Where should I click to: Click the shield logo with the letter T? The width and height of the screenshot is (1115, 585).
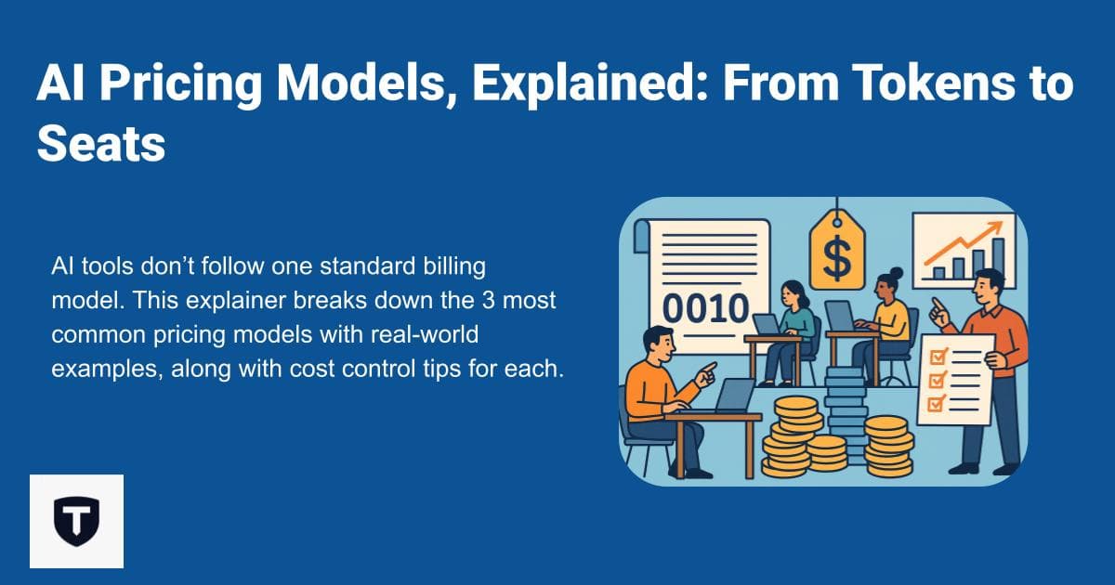76,520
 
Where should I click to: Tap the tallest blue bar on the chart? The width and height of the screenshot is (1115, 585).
998,257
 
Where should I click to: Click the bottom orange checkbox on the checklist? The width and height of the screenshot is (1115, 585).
937,403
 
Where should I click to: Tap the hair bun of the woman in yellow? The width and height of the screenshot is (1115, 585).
896,272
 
